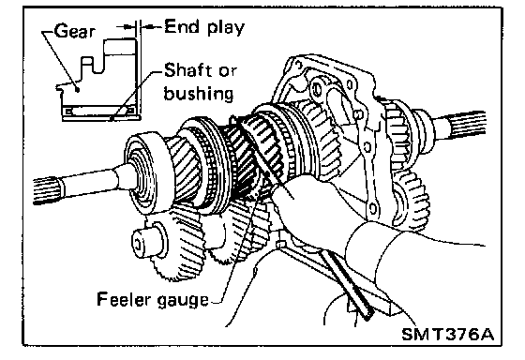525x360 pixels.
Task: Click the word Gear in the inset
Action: click(74, 31)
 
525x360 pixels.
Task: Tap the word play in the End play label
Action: click(226, 27)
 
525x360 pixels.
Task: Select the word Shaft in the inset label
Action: click(188, 70)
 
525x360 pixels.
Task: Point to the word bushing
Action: click(199, 94)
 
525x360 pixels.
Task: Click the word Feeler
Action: click(124, 299)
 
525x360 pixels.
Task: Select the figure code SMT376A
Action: click(448, 334)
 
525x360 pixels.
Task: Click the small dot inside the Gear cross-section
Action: click(78, 89)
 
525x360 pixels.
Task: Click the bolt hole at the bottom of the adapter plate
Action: click(372, 209)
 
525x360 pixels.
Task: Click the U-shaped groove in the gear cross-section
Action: click(87, 65)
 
